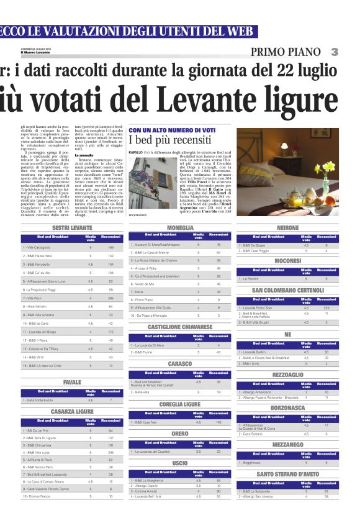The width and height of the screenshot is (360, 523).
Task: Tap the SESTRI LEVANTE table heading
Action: click(72, 228)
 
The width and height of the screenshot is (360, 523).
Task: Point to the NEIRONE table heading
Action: click(288, 228)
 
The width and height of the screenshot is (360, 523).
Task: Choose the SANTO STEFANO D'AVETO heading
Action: click(288, 474)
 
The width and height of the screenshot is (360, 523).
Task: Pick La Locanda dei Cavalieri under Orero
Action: click(153, 451)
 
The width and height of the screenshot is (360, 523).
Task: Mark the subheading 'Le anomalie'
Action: click(84, 155)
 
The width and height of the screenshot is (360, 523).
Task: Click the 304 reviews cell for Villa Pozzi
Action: click(111, 298)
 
